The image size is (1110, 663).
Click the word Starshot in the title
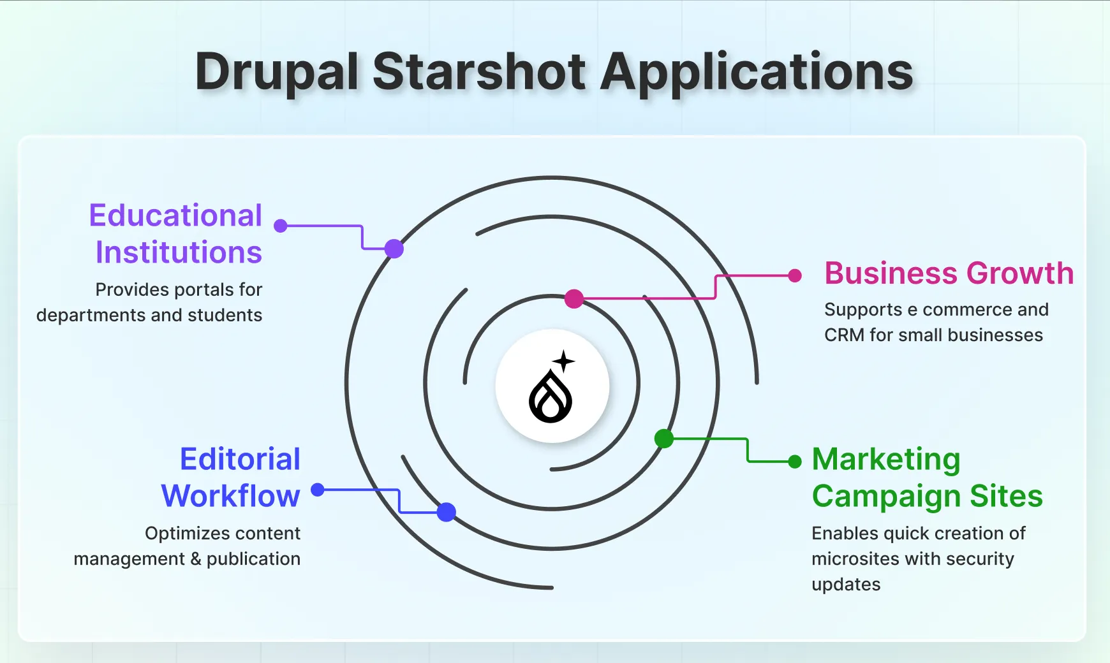point(478,71)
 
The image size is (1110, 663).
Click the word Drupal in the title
point(277,71)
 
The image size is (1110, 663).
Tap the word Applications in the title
point(757,71)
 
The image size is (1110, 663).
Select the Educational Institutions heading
point(176,233)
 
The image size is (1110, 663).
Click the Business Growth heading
point(949,273)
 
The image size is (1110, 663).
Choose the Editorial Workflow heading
point(231,477)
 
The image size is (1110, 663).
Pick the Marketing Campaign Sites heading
point(927,477)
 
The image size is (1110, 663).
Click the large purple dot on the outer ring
point(394,249)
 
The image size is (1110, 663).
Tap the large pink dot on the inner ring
point(574,298)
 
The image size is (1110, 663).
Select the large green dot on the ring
point(664,439)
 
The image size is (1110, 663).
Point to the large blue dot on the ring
point(447,512)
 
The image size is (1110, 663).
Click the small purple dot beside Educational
point(281,226)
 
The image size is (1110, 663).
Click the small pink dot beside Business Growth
point(795,275)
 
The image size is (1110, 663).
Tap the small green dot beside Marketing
point(795,462)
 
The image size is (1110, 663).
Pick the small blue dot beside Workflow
point(318,490)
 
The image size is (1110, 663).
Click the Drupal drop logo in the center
point(551,397)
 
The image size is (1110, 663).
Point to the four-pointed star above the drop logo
point(564,361)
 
